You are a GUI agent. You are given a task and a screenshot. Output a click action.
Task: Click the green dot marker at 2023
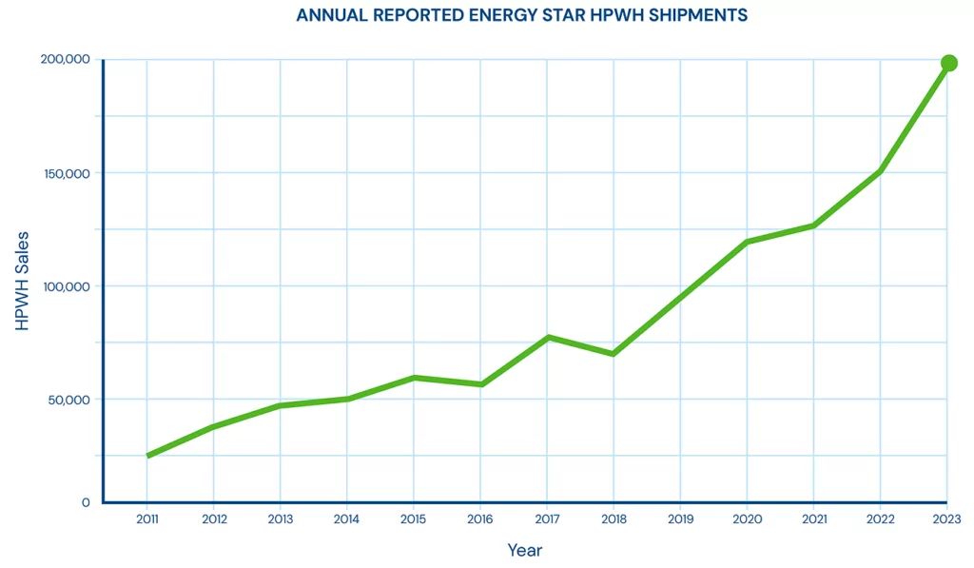point(948,64)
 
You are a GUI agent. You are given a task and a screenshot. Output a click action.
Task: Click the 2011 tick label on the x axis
point(147,519)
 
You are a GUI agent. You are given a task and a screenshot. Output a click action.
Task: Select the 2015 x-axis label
point(414,519)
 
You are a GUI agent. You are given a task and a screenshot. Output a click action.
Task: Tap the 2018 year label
point(614,519)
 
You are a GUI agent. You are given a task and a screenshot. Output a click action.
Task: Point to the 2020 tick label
point(747,519)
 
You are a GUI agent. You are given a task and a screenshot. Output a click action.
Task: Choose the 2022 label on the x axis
point(880,519)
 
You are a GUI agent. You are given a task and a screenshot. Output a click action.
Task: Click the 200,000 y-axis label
point(66,59)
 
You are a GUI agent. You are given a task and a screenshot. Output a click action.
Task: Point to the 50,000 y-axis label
point(69,400)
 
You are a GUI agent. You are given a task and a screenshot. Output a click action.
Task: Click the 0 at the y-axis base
point(86,502)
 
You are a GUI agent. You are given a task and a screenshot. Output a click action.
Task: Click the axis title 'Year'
point(524,550)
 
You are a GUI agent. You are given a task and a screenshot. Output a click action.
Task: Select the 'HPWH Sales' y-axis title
point(23,281)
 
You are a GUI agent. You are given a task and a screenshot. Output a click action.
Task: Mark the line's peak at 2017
point(548,337)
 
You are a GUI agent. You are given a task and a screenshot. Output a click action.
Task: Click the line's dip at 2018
point(614,354)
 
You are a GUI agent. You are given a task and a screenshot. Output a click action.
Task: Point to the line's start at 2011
point(148,456)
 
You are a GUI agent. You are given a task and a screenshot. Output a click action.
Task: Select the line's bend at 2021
point(813,225)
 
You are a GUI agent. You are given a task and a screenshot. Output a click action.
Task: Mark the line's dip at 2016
point(481,384)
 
